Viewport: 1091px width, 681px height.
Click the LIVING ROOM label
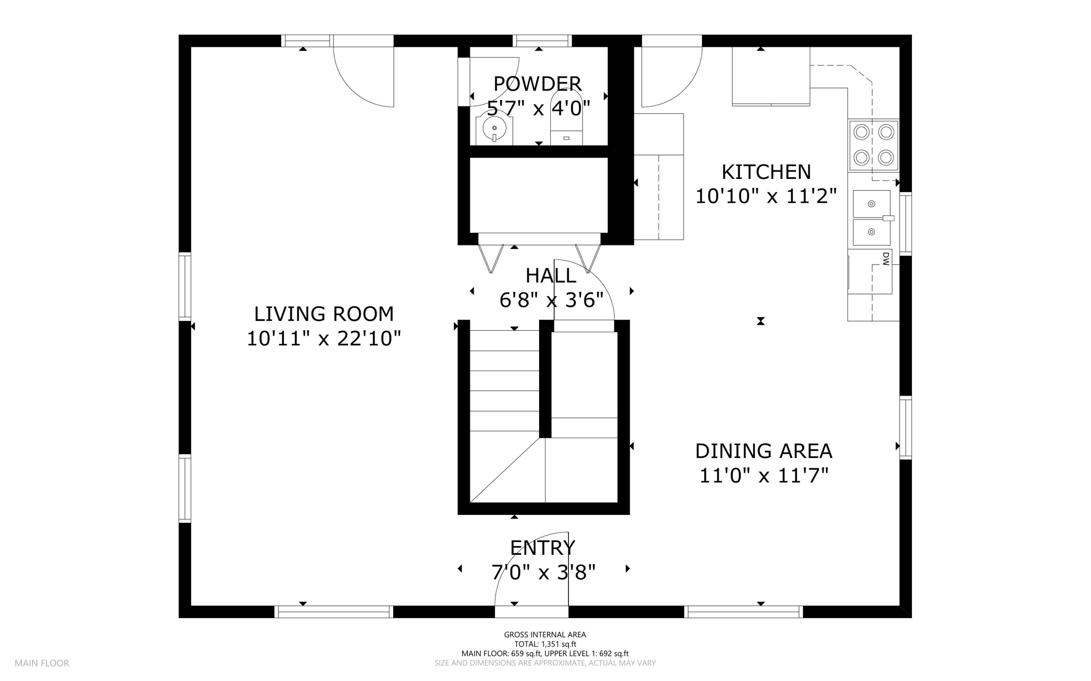point(324,314)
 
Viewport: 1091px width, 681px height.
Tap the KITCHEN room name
point(766,172)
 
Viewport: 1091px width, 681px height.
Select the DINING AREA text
point(763,451)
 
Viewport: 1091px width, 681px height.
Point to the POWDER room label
point(538,84)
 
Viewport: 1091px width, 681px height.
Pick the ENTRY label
point(542,547)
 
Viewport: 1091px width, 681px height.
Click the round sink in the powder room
point(494,128)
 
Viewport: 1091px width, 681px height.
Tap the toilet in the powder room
point(566,120)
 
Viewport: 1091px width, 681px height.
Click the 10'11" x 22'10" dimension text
point(323,338)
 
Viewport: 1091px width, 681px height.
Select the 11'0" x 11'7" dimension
point(763,475)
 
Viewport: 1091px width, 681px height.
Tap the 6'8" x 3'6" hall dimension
point(551,300)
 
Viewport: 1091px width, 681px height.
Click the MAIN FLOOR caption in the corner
point(42,663)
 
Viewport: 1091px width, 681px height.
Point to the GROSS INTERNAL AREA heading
point(545,634)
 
